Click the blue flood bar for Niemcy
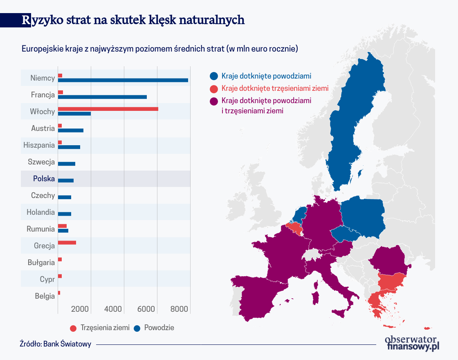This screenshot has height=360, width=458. pos(123,80)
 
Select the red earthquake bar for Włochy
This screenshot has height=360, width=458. pos(108,109)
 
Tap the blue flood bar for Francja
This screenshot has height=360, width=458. pos(102,97)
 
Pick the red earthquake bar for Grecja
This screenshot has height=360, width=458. pos(67,243)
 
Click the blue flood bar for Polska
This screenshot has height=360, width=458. pos(65,180)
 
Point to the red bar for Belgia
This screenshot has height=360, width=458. pos(59,293)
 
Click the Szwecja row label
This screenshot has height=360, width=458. pos(41,162)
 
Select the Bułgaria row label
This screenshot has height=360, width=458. pos(41,263)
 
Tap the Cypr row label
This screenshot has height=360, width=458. pos(47,279)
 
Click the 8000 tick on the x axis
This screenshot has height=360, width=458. pos(179,309)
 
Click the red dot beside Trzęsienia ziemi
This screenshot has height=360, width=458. pos(74,328)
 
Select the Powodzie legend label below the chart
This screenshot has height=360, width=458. pos(159,328)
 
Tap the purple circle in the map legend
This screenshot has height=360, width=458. pos(213,101)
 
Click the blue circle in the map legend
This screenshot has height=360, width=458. pos(213,76)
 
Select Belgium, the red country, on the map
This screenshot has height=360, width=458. pos(295,228)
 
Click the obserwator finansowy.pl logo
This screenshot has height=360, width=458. pos(411,343)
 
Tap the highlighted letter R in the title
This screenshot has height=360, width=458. pos(26,20)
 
